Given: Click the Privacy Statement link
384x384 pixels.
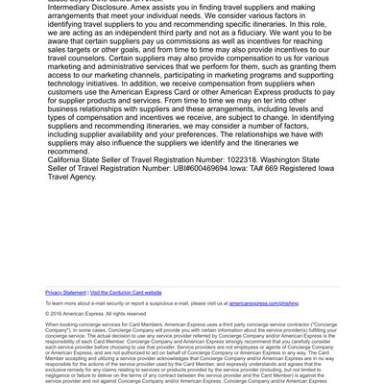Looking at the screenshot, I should coord(65,292).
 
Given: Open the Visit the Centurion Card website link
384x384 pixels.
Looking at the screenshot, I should coord(126,292).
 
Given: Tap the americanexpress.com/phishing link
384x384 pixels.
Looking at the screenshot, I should coord(271,302).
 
